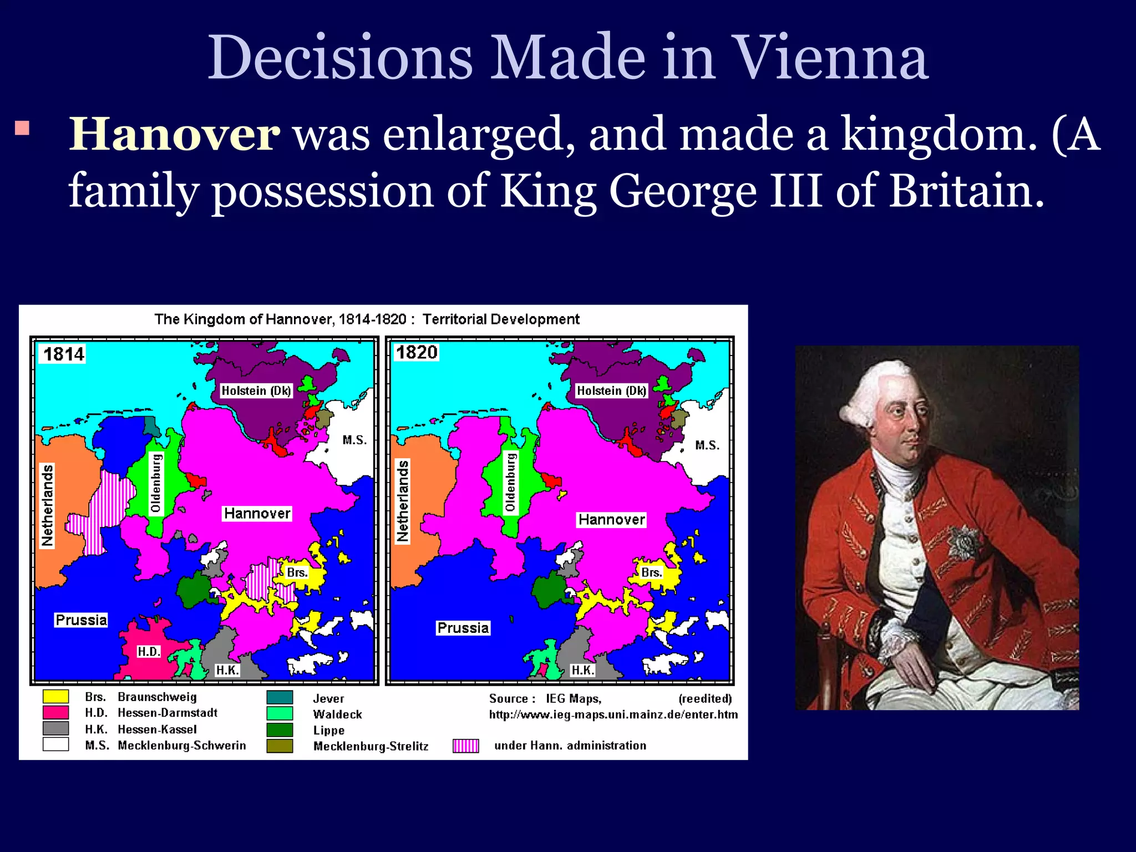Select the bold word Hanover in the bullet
coord(174,135)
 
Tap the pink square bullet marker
coord(22,128)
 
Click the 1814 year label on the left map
coord(64,354)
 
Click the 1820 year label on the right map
coord(417,352)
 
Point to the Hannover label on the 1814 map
coord(257,514)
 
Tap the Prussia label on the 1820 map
coord(463,628)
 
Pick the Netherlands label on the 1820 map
coord(402,501)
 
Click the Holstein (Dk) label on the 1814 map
coord(256,390)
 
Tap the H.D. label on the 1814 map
coord(149,652)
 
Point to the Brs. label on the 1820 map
coord(651,572)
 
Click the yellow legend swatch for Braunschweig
coord(55,697)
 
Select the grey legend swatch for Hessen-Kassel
coord(55,729)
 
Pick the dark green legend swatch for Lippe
coord(280,730)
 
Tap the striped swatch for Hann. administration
coord(465,746)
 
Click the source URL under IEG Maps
coord(613,714)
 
